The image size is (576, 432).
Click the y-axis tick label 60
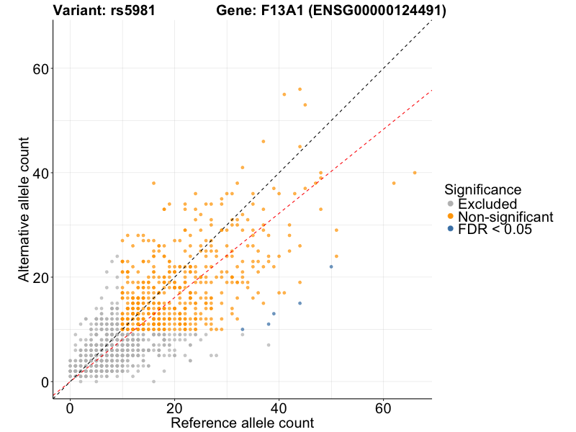pos(40,69)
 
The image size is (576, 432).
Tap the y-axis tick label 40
pos(40,174)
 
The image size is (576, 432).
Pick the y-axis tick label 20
pos(40,278)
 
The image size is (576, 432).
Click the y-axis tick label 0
pos(45,382)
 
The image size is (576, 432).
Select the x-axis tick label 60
pos(383,408)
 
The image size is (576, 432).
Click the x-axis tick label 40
pos(279,408)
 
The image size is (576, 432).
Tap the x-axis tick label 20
pos(174,408)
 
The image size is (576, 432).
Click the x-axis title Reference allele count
pos(242,423)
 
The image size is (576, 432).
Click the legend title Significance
pos(482,190)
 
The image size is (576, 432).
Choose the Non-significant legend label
pos(505,217)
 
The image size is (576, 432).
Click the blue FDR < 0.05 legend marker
pos(451,229)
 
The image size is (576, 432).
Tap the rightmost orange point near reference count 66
pos(415,173)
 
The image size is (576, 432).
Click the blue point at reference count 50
pos(331,267)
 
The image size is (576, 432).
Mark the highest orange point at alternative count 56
pos(300,89)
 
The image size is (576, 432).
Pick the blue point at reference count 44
pos(300,303)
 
